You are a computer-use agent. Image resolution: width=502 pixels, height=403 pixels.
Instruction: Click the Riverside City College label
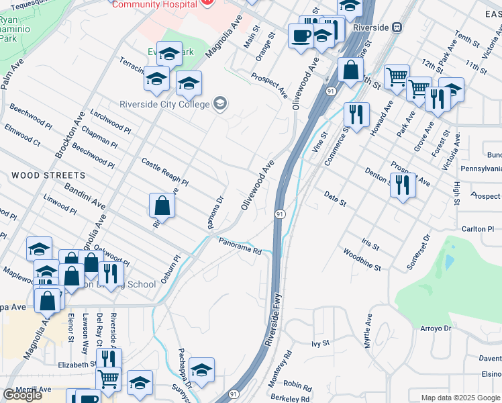pyautogui.click(x=164, y=103)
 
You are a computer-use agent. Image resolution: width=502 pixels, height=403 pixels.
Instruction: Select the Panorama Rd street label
pyautogui.click(x=239, y=247)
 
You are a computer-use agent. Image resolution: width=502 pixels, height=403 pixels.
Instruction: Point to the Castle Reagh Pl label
pyautogui.click(x=165, y=173)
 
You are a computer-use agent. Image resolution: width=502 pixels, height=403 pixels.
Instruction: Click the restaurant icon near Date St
pyautogui.click(x=402, y=183)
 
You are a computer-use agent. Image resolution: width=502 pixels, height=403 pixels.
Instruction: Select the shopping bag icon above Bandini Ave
pyautogui.click(x=162, y=205)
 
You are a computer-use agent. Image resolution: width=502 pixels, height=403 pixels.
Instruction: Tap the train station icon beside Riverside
pyautogui.click(x=397, y=28)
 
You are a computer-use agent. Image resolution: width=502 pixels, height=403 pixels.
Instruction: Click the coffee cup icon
pyautogui.click(x=300, y=35)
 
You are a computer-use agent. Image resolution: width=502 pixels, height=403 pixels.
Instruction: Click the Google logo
pyautogui.click(x=21, y=395)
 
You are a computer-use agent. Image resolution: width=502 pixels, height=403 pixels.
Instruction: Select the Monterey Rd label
pyautogui.click(x=283, y=364)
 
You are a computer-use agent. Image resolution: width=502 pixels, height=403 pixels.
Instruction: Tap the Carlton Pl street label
pyautogui.click(x=478, y=229)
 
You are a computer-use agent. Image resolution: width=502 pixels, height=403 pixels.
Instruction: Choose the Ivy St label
pyautogui.click(x=321, y=343)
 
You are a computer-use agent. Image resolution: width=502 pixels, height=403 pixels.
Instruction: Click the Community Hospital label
pyautogui.click(x=154, y=4)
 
